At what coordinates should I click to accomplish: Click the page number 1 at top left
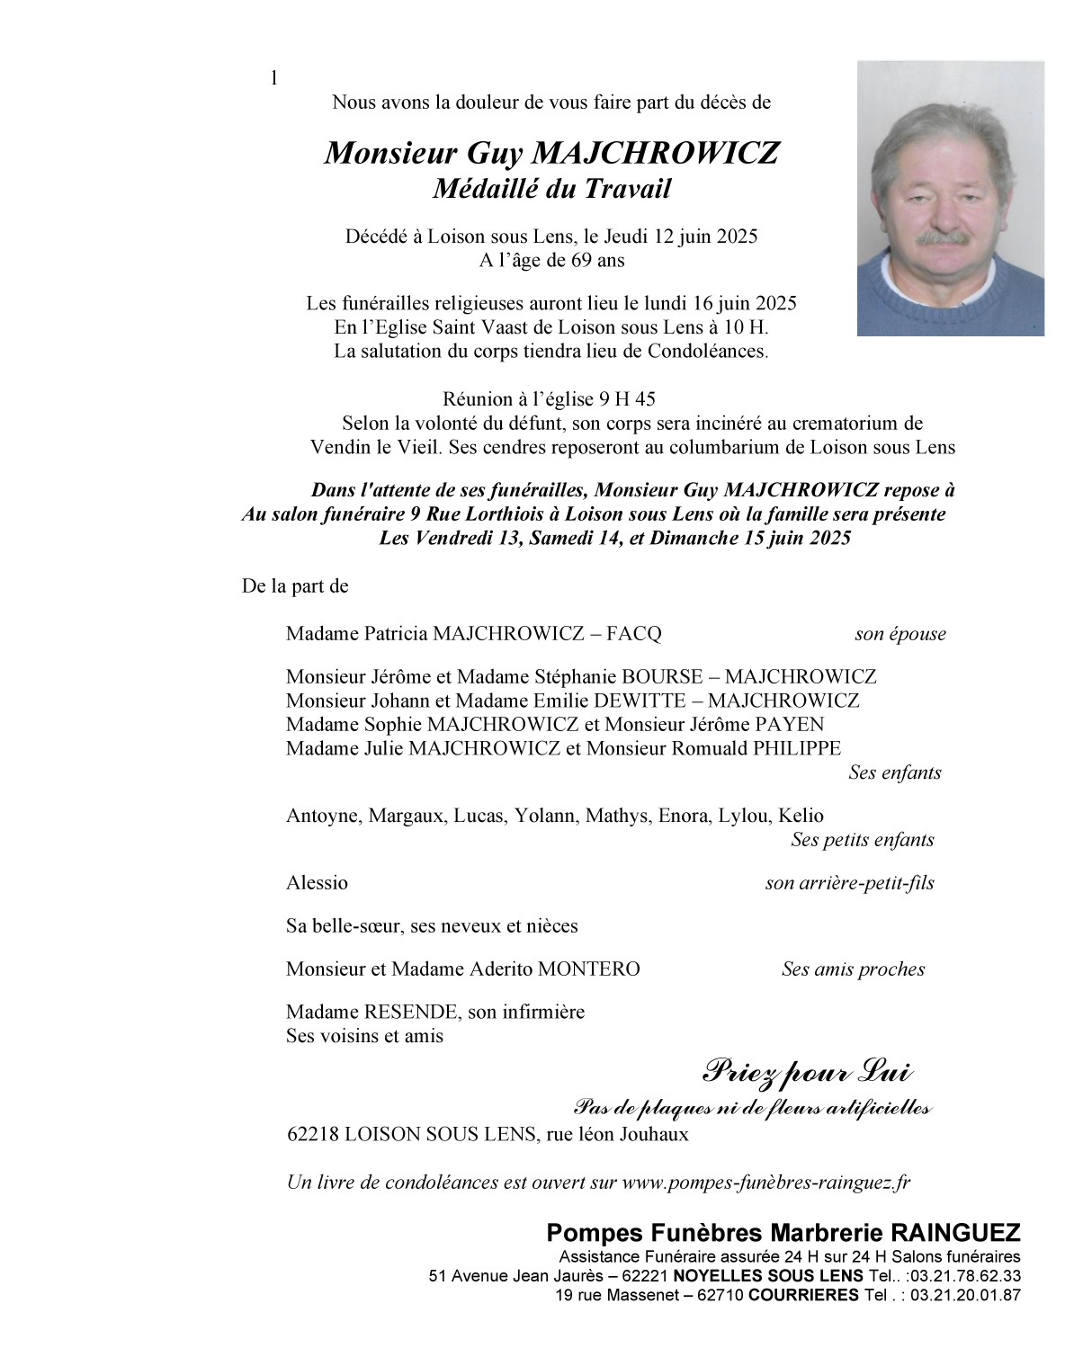click(x=274, y=78)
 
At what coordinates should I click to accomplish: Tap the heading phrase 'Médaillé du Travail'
click(x=552, y=189)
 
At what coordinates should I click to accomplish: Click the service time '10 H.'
click(x=746, y=327)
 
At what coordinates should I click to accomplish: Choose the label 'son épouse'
click(x=900, y=634)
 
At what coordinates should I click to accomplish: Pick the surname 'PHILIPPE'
click(x=796, y=748)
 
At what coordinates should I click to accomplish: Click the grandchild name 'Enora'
click(x=683, y=816)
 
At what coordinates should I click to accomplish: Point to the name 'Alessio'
click(x=317, y=882)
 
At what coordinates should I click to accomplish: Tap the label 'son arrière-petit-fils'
click(x=849, y=883)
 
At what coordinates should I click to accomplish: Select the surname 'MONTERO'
click(x=588, y=969)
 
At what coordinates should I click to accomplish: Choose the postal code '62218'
click(x=312, y=1134)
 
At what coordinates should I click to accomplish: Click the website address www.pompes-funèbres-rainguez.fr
click(x=765, y=1183)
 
